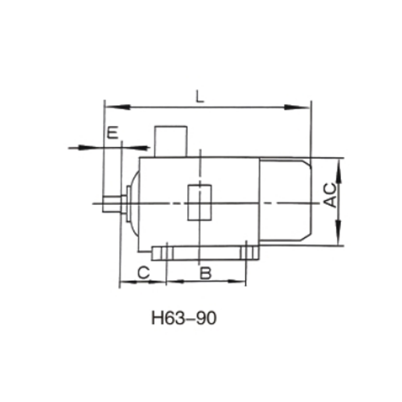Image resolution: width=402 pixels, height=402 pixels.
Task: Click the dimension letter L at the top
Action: (x=200, y=97)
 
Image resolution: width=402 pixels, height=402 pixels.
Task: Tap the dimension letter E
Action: (x=113, y=133)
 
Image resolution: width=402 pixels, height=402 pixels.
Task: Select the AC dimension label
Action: (x=330, y=195)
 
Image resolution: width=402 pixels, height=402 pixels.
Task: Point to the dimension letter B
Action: (x=206, y=273)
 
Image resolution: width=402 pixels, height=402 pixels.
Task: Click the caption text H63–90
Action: (x=184, y=319)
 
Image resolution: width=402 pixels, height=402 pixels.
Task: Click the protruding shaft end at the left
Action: (x=111, y=204)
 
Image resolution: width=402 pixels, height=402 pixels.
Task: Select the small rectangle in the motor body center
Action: (x=199, y=202)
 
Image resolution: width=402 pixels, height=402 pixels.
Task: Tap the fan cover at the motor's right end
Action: (x=285, y=199)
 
